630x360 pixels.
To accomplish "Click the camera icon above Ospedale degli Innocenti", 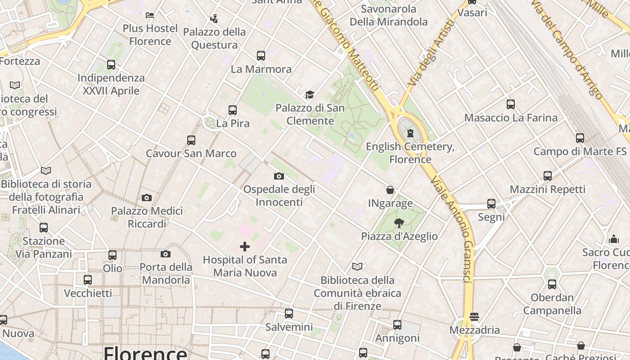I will [279, 176].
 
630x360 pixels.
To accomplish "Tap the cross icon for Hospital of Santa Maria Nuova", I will [245, 246].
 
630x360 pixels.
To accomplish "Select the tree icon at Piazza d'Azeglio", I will [399, 223].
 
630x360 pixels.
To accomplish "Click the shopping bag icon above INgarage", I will [390, 190].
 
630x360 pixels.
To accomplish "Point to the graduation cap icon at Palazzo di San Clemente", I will [310, 94].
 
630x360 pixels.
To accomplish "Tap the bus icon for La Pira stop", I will [233, 110].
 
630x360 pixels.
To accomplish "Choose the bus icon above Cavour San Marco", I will [191, 140].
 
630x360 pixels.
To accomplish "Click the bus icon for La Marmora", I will [261, 56].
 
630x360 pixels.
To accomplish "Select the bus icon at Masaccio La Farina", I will [511, 104].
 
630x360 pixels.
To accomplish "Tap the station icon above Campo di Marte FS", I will [580, 138].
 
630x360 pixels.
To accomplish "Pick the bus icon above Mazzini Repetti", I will [548, 175].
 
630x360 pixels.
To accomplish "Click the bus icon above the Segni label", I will [491, 204].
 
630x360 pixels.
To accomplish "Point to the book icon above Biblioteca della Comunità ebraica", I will [357, 266].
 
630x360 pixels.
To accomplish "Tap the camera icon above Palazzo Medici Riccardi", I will [146, 198].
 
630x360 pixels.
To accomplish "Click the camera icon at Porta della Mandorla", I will [166, 254].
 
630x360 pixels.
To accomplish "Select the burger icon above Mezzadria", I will [474, 317].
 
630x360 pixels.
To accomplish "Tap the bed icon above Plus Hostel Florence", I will [150, 15].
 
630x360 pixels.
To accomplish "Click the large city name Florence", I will [145, 353].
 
